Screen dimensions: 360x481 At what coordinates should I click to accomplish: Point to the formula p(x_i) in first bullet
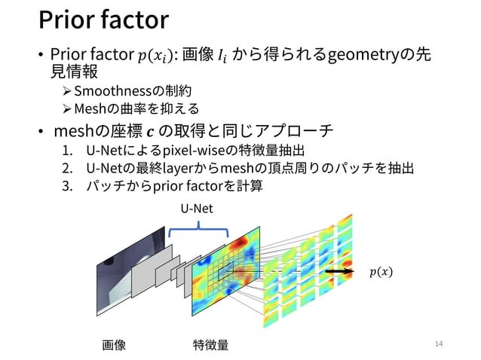pyautogui.click(x=155, y=56)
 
